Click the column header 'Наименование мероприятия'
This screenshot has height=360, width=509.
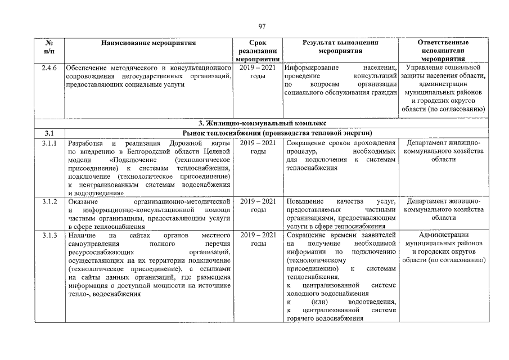click(148, 43)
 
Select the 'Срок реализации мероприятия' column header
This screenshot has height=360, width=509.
click(258, 51)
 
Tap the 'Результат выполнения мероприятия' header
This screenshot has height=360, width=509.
click(340, 46)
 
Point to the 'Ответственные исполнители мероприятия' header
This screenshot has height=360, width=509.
click(443, 51)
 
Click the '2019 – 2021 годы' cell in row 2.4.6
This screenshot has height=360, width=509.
click(258, 71)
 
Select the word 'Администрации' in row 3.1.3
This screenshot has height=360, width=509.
click(443, 235)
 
